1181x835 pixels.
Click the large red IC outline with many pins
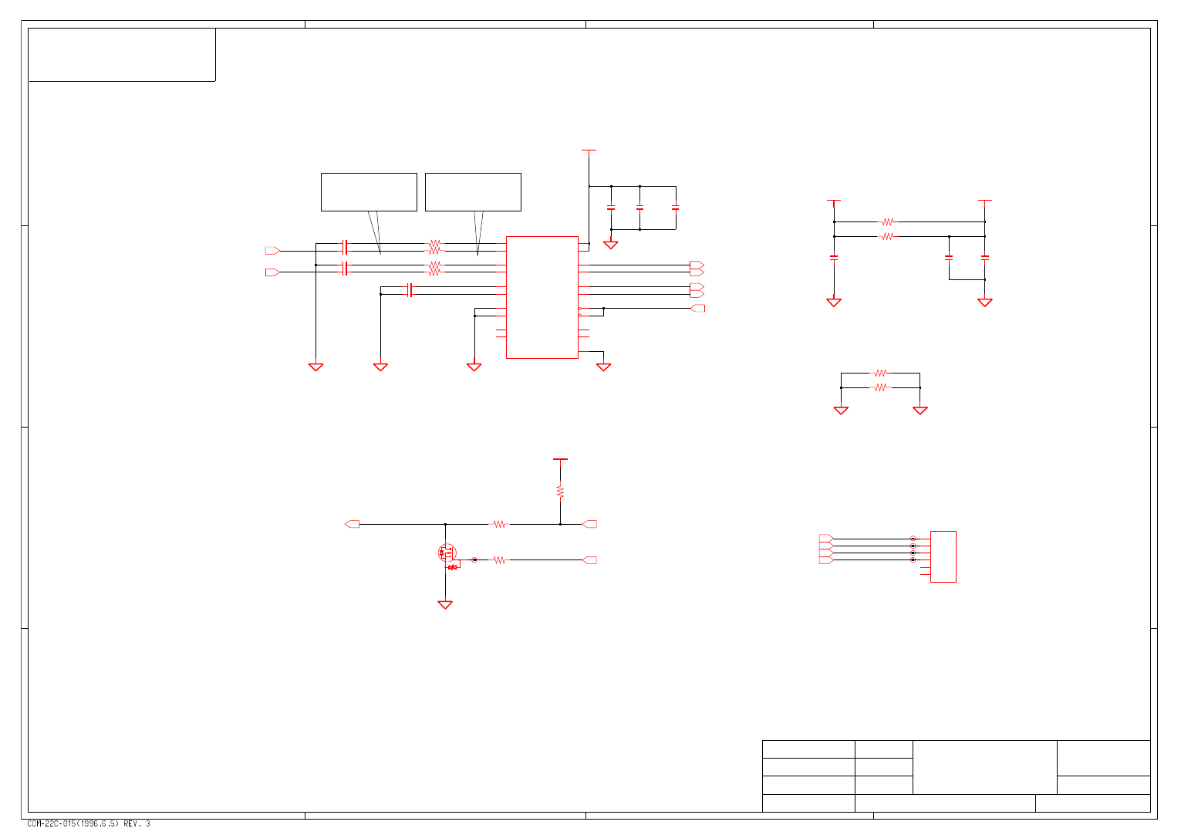click(x=542, y=297)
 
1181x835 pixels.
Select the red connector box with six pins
click(x=943, y=556)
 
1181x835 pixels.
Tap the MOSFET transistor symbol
click(x=447, y=553)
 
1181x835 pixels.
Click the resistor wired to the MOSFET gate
click(x=499, y=560)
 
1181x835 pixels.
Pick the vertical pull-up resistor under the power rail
click(x=560, y=491)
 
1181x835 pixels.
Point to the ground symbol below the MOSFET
click(x=445, y=605)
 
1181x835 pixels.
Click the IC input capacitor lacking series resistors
click(x=410, y=290)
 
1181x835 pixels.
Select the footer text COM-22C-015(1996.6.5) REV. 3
click(x=89, y=824)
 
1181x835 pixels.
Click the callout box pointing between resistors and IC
click(x=473, y=192)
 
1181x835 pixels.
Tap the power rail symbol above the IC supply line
click(x=589, y=150)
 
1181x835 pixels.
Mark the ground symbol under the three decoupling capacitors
click(x=611, y=245)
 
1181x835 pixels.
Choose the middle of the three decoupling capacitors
click(x=639, y=208)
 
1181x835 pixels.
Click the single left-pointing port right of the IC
click(x=697, y=309)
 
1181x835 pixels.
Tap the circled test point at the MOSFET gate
click(x=474, y=560)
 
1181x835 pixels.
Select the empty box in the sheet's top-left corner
click(x=122, y=55)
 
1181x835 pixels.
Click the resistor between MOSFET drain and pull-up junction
click(x=500, y=524)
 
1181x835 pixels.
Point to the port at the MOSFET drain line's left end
click(x=352, y=524)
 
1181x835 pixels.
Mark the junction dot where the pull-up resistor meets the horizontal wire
click(x=560, y=524)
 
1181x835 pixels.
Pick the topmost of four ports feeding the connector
click(x=826, y=538)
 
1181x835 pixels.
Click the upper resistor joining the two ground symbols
click(x=880, y=374)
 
